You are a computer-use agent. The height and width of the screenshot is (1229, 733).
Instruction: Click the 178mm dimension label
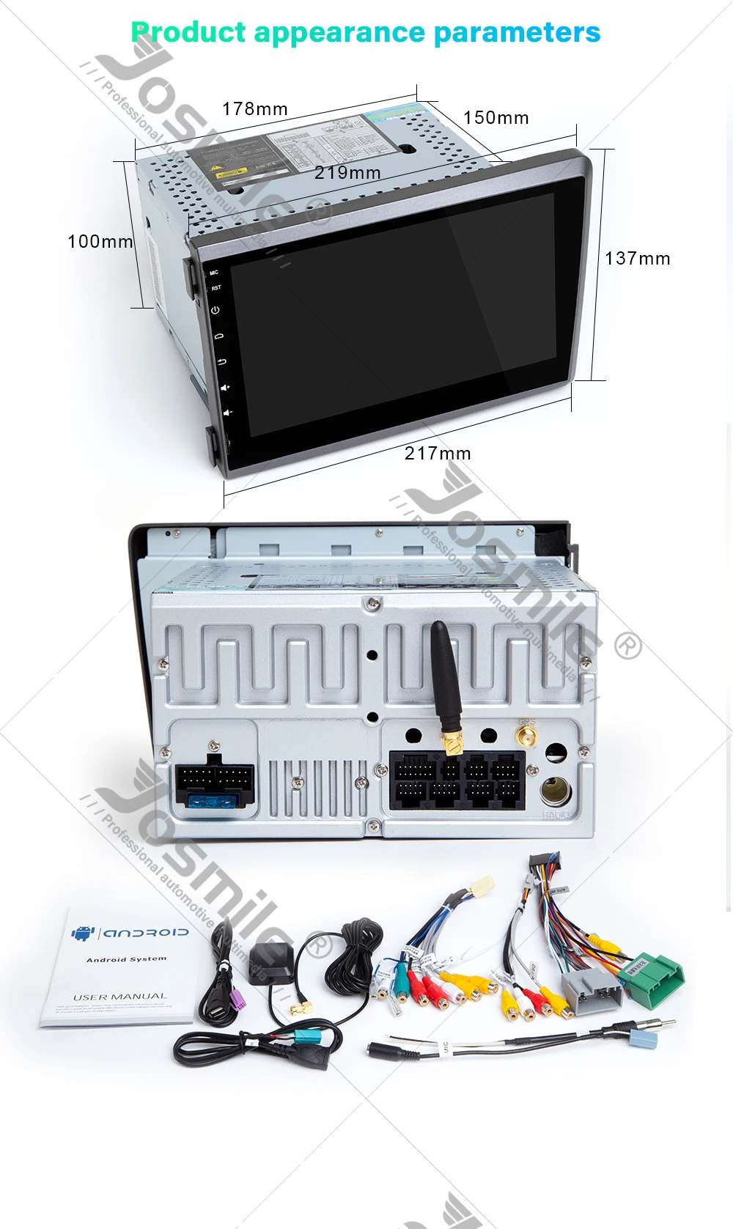click(254, 109)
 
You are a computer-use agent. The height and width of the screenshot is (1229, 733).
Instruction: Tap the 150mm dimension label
click(496, 118)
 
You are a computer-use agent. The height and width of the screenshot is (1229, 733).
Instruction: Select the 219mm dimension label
click(347, 173)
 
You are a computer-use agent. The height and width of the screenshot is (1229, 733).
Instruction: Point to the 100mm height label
click(100, 242)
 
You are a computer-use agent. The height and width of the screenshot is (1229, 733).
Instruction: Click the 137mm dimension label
click(637, 259)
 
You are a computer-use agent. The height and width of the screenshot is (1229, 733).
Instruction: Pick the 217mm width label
click(438, 454)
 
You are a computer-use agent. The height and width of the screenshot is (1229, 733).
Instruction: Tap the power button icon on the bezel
click(216, 310)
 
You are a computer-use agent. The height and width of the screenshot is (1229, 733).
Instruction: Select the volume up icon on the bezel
click(225, 387)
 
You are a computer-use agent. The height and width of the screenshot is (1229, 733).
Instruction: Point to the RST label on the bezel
click(216, 288)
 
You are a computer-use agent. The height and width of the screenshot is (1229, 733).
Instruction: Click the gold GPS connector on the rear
click(526, 734)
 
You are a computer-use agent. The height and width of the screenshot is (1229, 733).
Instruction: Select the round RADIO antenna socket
click(554, 791)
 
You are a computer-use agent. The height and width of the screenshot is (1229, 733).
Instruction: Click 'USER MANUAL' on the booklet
click(119, 997)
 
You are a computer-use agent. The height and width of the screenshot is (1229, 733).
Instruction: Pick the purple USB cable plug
click(238, 997)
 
